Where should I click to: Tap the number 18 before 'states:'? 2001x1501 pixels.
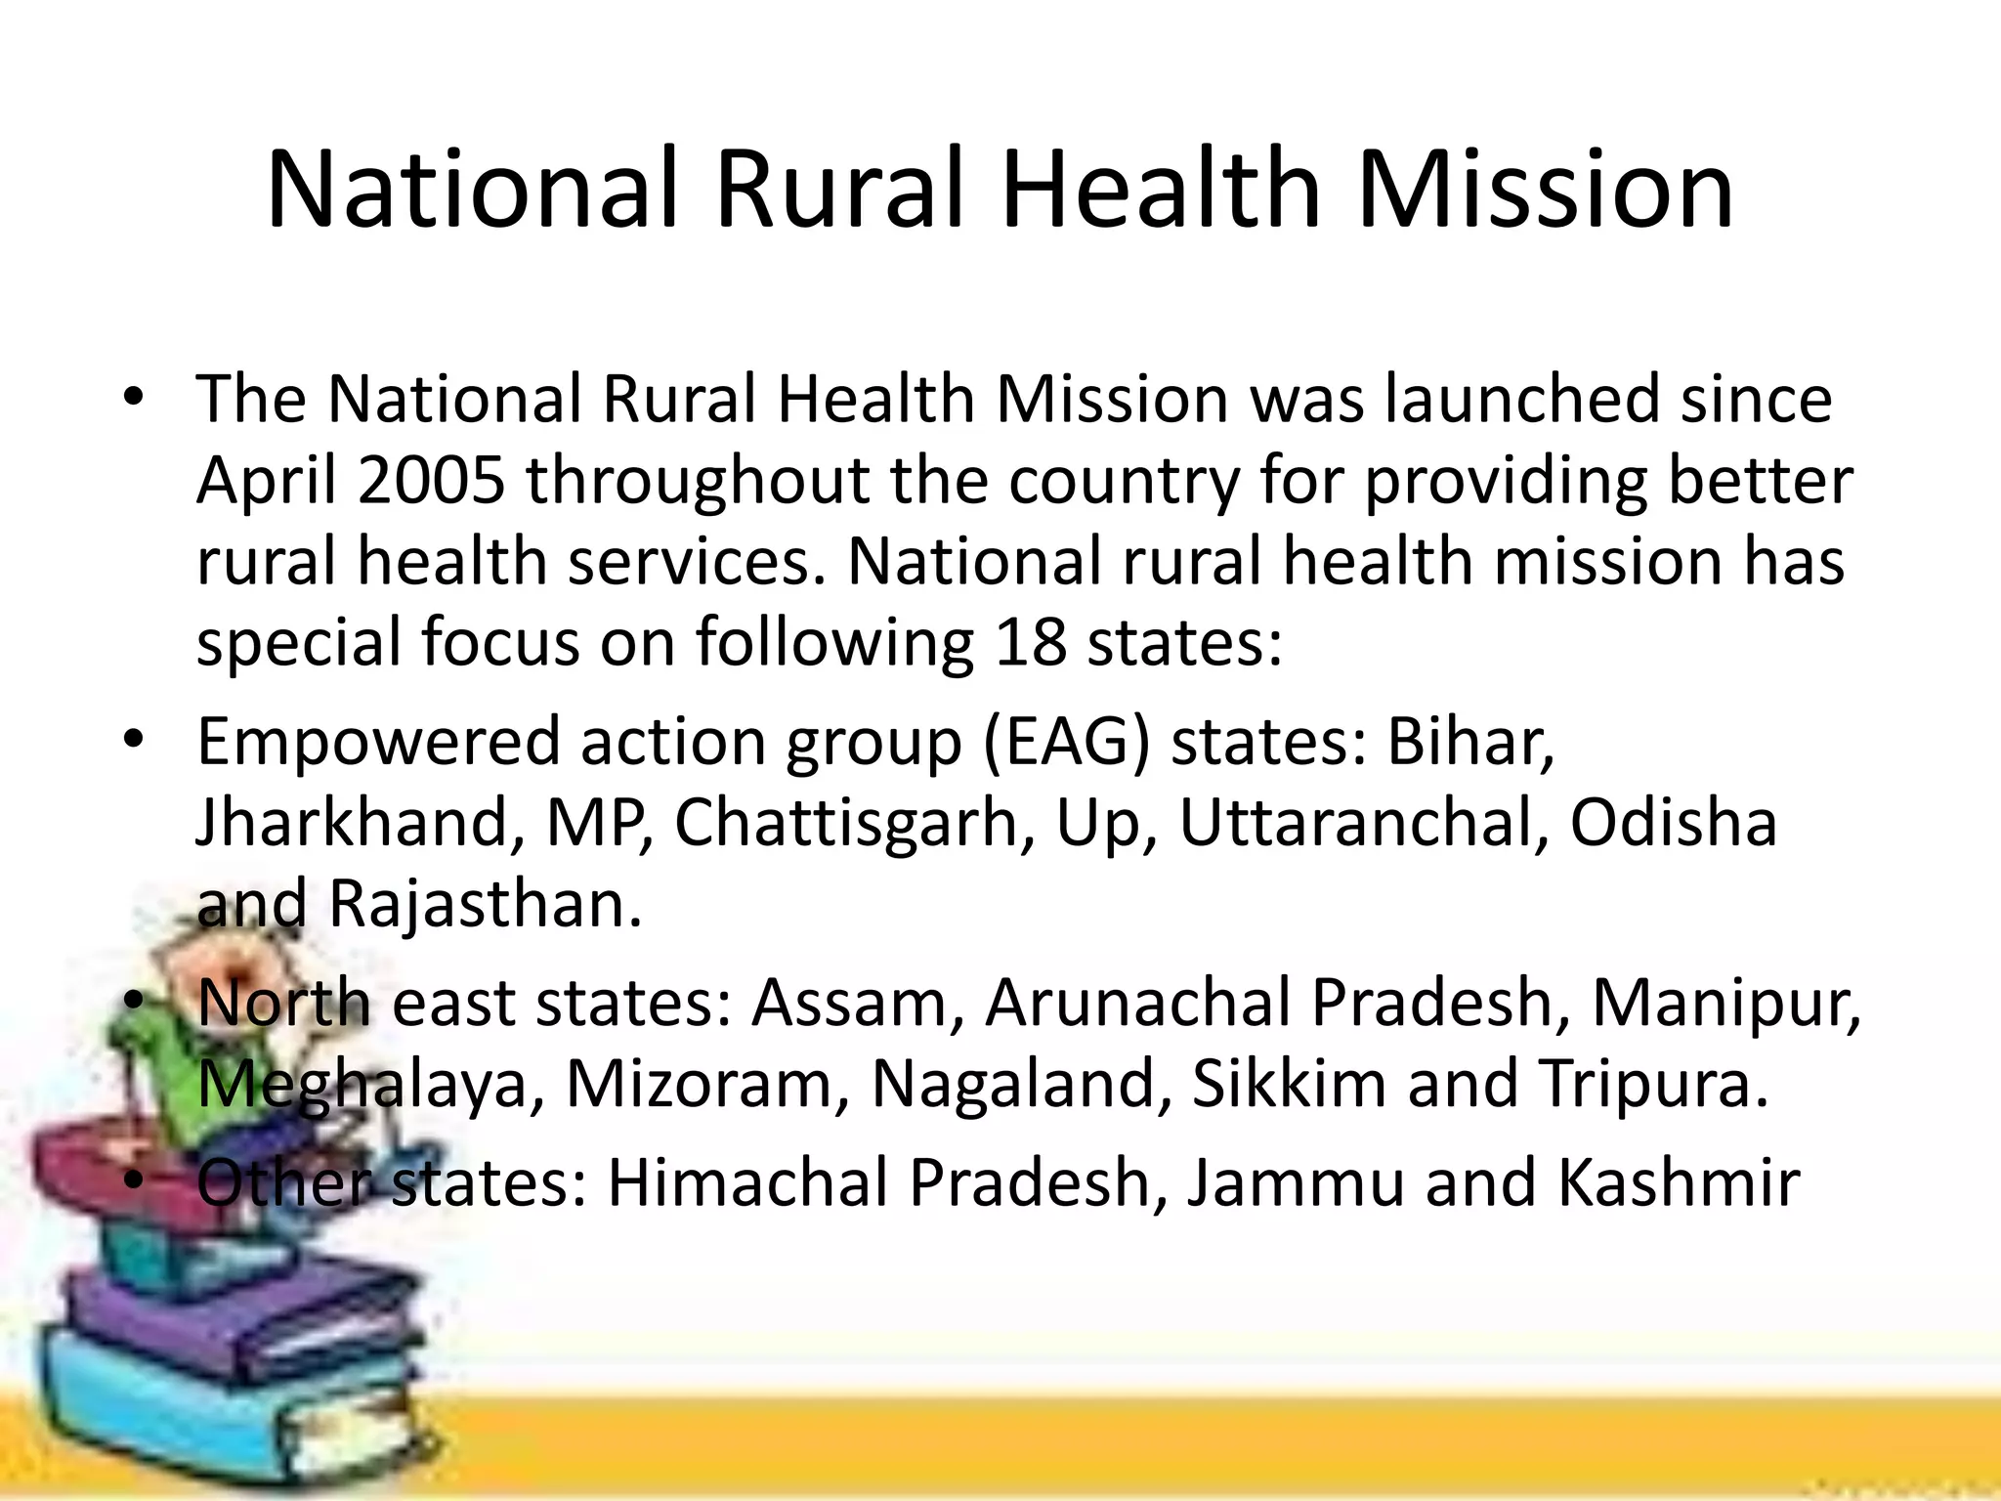coord(1030,642)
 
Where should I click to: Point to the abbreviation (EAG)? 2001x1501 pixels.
coord(1066,742)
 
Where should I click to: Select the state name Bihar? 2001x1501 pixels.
coord(1469,741)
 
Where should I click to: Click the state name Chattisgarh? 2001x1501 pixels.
coord(845,823)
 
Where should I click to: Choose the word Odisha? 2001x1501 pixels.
coord(1673,822)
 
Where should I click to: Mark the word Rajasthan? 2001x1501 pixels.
coord(485,904)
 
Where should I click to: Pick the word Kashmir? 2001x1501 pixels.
coord(1678,1182)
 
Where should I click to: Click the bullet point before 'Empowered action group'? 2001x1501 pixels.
coord(134,740)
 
